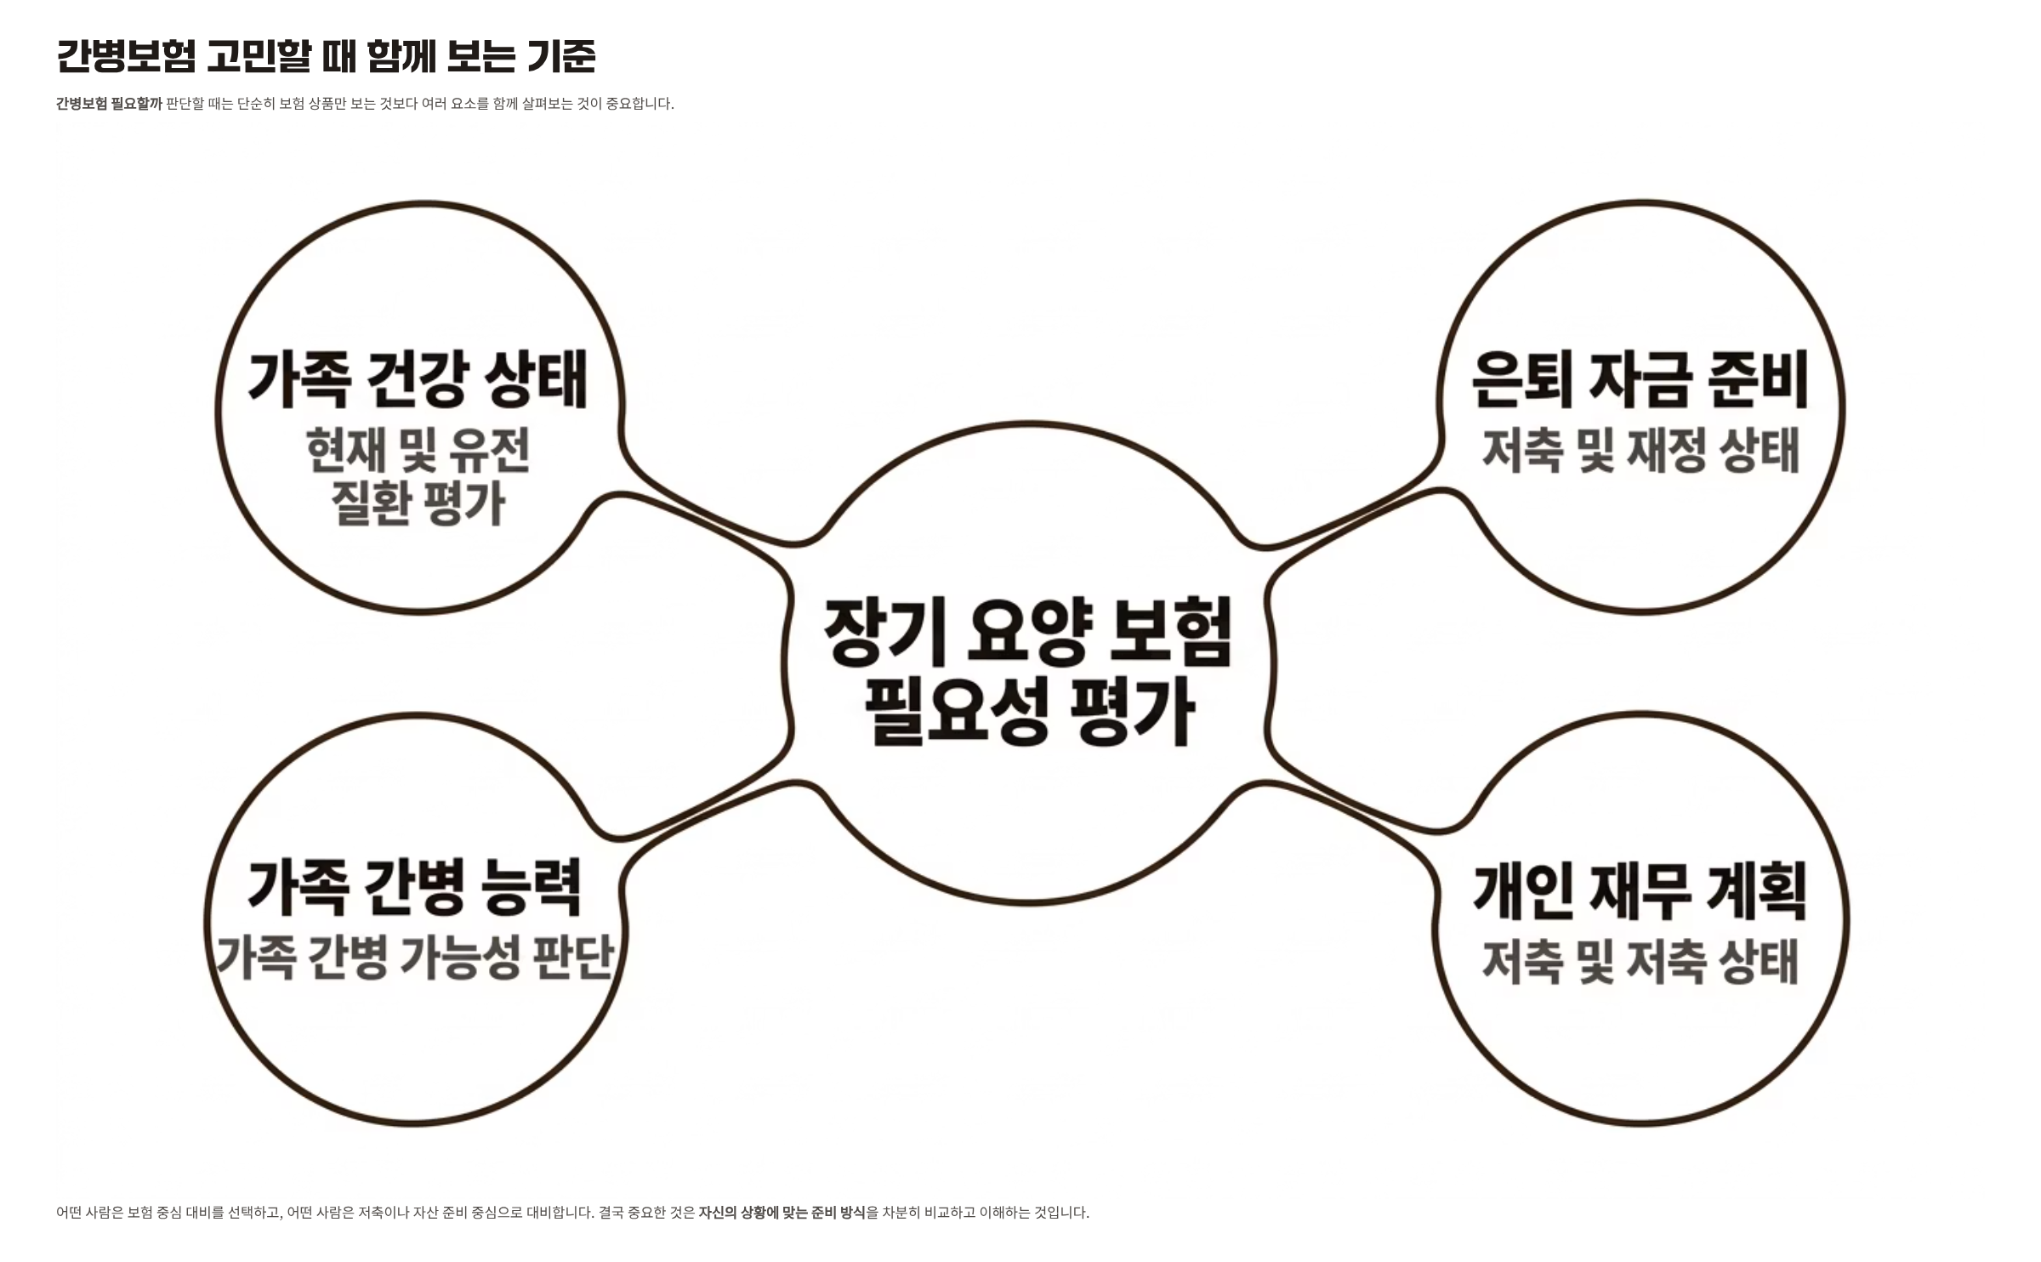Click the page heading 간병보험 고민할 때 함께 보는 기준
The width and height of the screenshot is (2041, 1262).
(326, 56)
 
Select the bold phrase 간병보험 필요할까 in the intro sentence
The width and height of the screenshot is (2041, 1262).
(109, 104)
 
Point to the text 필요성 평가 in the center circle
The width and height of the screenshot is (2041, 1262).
(1030, 713)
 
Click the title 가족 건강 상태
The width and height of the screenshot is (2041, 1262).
(418, 379)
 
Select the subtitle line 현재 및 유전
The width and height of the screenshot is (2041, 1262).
(418, 450)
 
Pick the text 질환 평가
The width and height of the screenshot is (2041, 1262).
(418, 503)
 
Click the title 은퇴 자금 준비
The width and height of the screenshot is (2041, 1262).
(1640, 379)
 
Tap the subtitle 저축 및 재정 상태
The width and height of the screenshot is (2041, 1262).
(1640, 450)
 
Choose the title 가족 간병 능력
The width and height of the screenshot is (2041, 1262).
(415, 888)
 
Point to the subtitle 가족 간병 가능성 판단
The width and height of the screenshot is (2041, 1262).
(414, 958)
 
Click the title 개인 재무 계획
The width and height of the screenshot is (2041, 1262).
(1640, 891)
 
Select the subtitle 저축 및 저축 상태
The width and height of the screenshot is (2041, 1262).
(1640, 962)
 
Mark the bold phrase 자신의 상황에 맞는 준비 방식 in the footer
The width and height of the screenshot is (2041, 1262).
(782, 1213)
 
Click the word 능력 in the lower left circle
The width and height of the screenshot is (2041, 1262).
(532, 888)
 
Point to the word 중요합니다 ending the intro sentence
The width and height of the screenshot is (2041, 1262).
(640, 104)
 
